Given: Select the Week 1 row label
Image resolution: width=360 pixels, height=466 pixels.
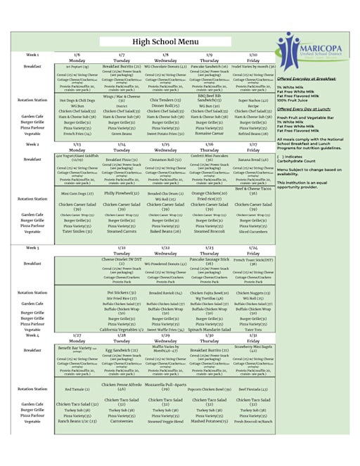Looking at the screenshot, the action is click(32, 54).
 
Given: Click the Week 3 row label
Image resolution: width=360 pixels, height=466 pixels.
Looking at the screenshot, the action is click(32, 248).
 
